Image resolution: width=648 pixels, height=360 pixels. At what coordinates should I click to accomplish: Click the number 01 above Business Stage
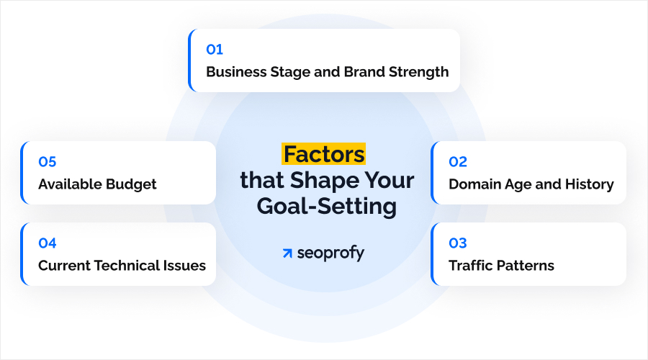[x=215, y=50]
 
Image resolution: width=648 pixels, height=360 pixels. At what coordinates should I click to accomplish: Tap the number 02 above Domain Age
[x=458, y=162]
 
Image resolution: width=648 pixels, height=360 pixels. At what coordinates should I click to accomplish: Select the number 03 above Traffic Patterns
[x=458, y=243]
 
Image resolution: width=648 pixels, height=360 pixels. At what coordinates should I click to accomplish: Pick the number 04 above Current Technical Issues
[x=48, y=243]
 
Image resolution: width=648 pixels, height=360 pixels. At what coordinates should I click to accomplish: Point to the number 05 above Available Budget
[x=48, y=162]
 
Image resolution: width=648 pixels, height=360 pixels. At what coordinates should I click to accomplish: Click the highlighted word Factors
[x=324, y=154]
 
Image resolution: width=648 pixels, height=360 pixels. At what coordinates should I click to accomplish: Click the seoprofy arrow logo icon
[x=288, y=253]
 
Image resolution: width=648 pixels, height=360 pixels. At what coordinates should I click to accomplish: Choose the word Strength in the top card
[x=418, y=72]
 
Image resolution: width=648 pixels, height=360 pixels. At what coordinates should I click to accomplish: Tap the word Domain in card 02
[x=474, y=184]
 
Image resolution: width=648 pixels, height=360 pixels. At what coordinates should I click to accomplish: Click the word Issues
[x=186, y=266]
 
